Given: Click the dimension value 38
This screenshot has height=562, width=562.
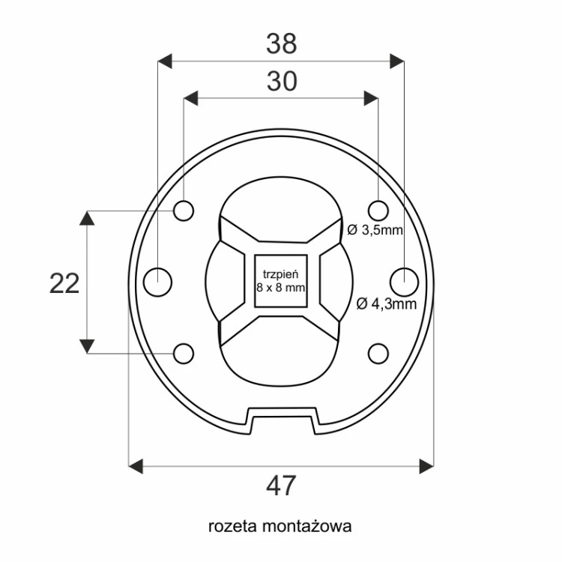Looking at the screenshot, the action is coord(281,43).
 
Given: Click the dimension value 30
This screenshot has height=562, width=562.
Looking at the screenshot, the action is coord(282,82).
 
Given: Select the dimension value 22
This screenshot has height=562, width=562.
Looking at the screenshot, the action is coord(64,283).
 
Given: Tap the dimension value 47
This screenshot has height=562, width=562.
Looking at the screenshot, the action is coord(281,486).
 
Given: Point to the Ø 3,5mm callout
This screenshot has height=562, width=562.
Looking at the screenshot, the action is coord(375,230).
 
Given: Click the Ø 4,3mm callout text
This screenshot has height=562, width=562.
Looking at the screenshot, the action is coord(387,304).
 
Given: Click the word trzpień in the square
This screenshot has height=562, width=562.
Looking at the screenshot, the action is coord(281,274).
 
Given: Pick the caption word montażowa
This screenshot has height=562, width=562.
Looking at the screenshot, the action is coord(306,526).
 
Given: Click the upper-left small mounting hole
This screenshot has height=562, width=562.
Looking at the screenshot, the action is coord(184,211).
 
